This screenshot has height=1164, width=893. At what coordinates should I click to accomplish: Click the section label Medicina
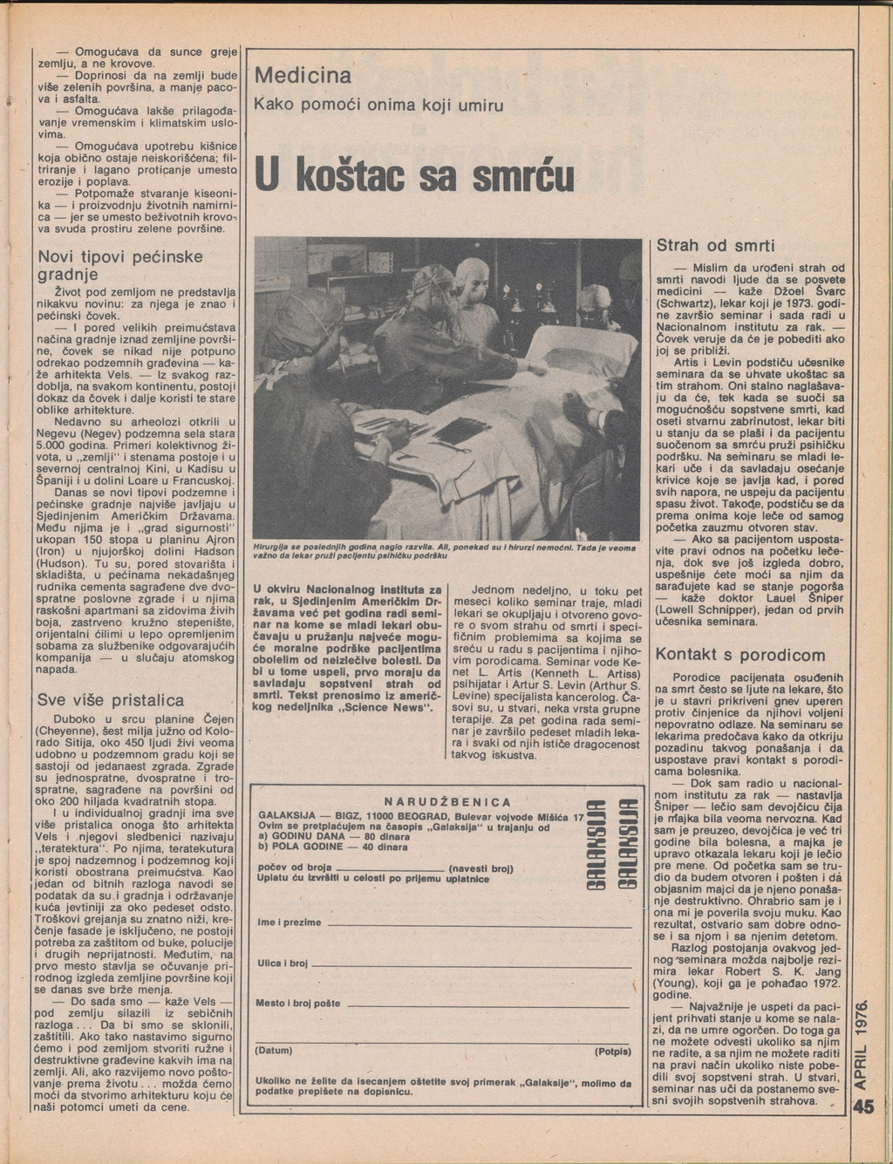(303, 76)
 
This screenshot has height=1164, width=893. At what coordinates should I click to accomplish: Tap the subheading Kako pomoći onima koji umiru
(378, 106)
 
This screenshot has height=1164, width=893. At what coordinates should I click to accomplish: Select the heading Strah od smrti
(715, 246)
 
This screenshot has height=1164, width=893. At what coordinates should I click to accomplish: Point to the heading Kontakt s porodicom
(740, 654)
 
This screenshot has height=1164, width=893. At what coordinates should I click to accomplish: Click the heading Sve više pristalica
(111, 700)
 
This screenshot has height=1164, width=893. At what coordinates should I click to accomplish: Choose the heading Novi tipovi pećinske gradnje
(120, 266)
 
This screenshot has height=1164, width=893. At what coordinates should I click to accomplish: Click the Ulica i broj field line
(471, 964)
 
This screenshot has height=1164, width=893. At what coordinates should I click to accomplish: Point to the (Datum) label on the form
(274, 1051)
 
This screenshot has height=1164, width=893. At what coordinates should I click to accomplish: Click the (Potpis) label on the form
(613, 1051)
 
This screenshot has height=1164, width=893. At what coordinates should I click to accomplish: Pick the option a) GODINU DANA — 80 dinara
(323, 836)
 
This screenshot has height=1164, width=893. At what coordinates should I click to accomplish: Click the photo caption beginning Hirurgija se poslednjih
(445, 552)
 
